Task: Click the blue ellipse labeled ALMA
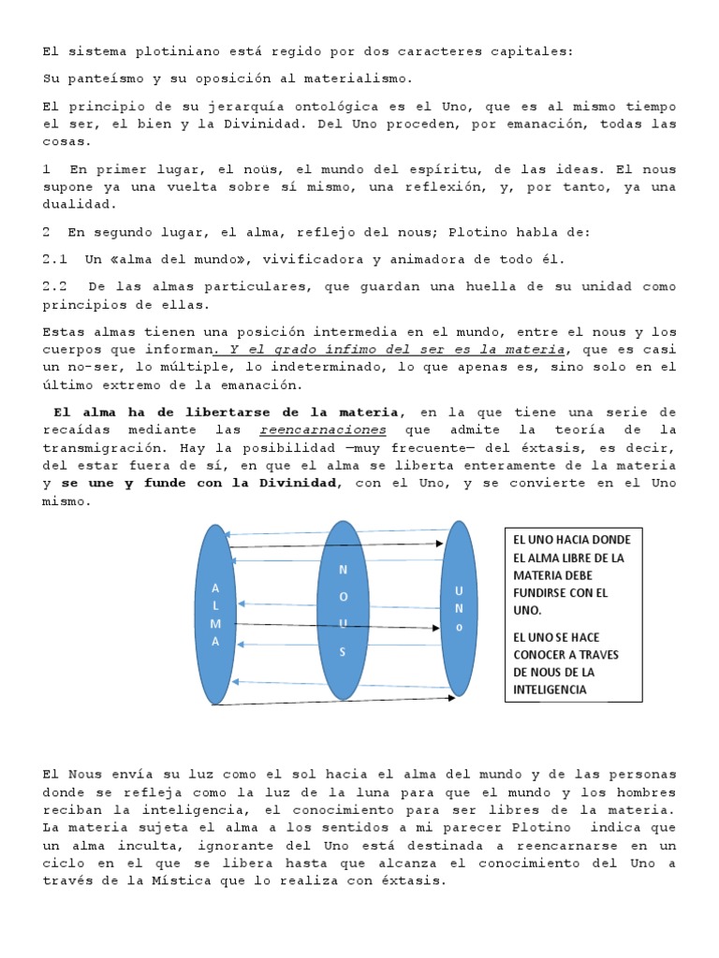click(215, 614)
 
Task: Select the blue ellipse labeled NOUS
click(343, 609)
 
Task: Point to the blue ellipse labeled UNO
click(458, 608)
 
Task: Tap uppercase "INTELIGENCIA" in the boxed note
click(550, 689)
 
